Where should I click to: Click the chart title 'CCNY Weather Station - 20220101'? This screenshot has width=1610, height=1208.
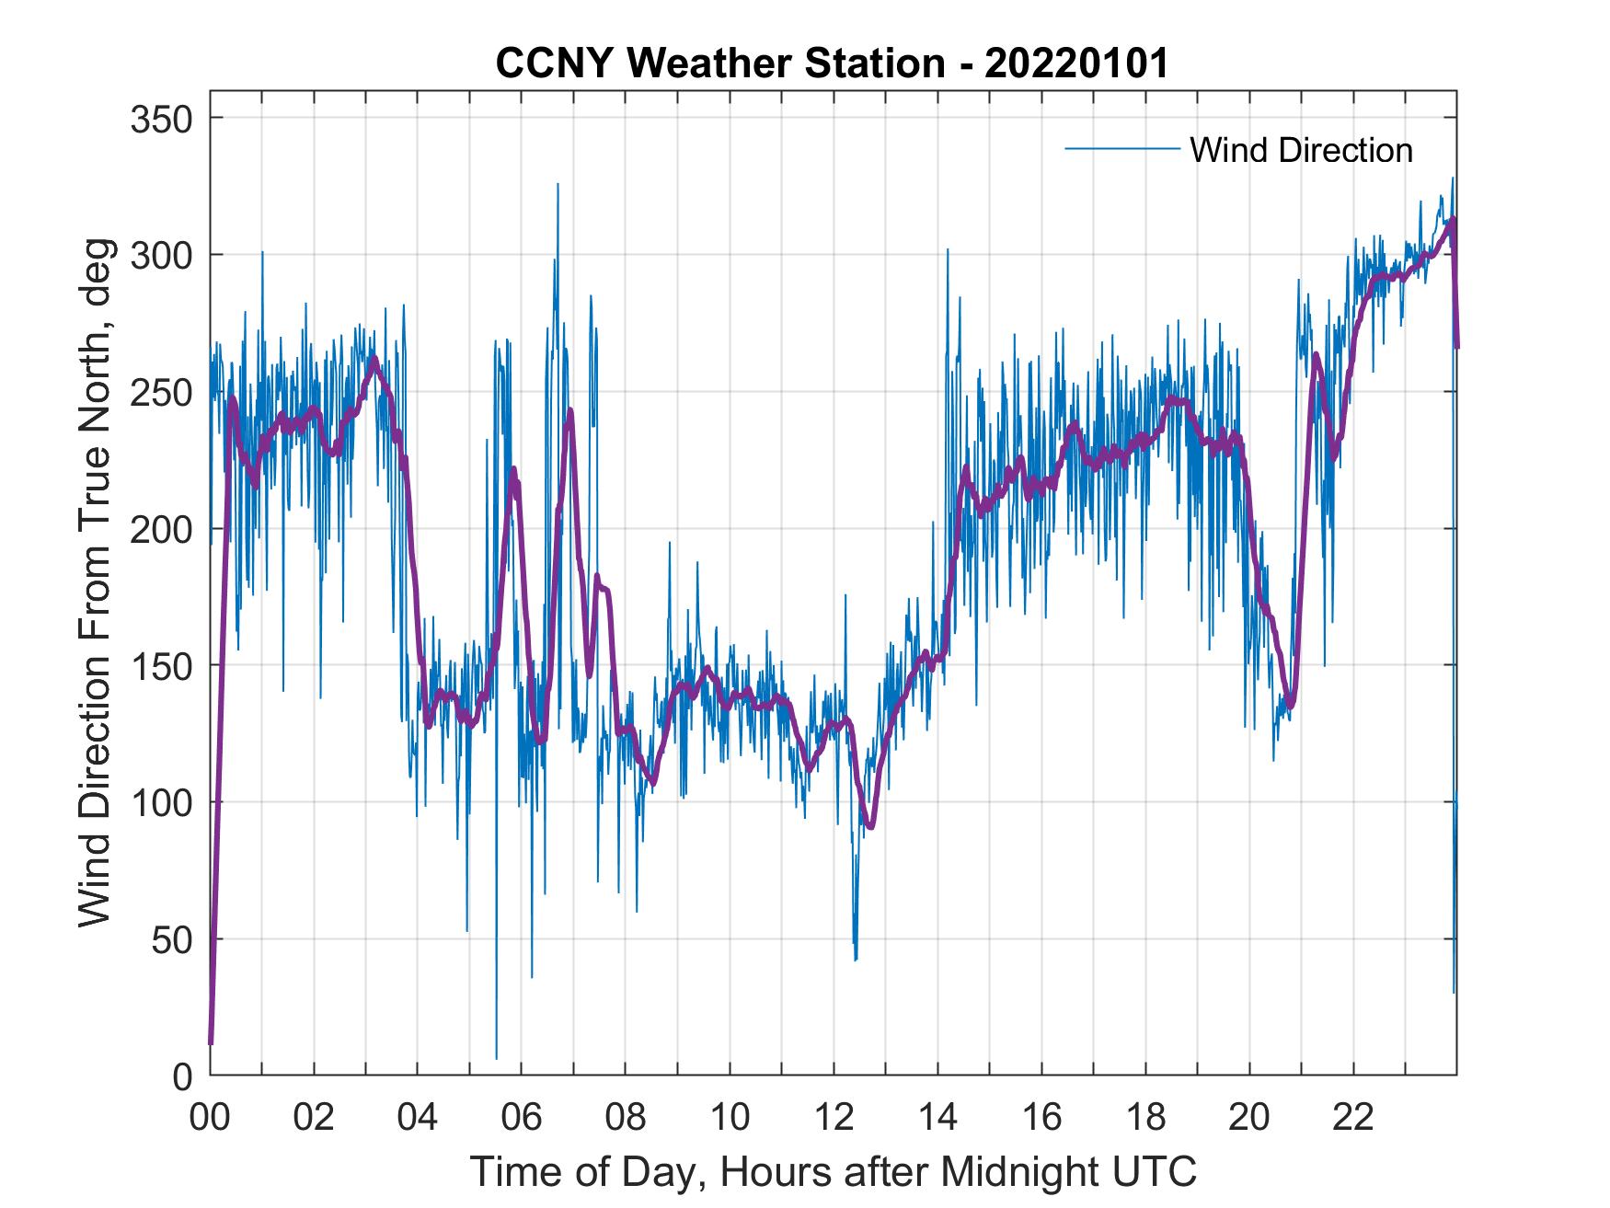(832, 63)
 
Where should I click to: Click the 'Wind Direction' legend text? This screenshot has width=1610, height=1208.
(1301, 150)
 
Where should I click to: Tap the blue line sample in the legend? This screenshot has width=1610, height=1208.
(1121, 148)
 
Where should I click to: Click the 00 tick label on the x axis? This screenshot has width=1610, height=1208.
(210, 1118)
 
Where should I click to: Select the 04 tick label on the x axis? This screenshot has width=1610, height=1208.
(418, 1118)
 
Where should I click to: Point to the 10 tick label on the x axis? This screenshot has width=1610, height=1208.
(730, 1118)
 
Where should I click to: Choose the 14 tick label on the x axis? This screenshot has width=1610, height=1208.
(937, 1118)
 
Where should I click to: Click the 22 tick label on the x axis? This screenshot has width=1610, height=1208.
(1353, 1118)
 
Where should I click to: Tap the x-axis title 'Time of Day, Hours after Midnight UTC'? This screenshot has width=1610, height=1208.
(834, 1172)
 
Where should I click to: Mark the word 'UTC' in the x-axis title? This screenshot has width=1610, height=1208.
(1154, 1172)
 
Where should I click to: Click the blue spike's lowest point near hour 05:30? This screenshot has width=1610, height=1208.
(496, 1059)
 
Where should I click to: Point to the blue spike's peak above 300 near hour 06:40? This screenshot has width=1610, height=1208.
(557, 184)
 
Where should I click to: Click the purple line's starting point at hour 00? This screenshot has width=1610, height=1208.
(211, 1043)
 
